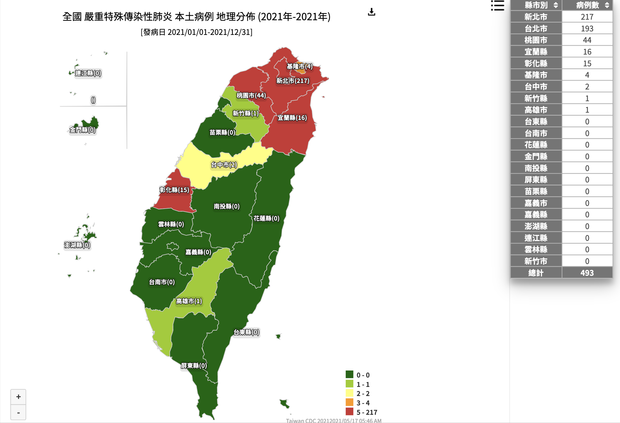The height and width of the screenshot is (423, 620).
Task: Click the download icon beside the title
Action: (371, 12)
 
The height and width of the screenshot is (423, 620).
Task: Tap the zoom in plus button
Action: (18, 397)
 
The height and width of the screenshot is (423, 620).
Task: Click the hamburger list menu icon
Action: (497, 6)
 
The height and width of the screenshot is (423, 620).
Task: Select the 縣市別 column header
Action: (536, 5)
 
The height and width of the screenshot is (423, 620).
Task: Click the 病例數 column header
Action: (587, 5)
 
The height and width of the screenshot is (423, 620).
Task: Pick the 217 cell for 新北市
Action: (587, 17)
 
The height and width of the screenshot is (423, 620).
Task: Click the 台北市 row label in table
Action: (536, 28)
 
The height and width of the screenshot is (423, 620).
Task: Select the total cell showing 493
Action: (587, 273)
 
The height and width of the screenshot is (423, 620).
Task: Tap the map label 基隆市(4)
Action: (299, 67)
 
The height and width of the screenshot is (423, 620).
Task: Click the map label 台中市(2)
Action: (224, 165)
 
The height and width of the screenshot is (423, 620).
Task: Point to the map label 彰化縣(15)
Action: (175, 190)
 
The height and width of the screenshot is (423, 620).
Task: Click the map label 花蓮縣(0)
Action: (266, 219)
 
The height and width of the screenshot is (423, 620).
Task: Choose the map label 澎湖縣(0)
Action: (77, 245)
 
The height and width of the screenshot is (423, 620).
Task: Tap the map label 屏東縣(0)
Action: (194, 366)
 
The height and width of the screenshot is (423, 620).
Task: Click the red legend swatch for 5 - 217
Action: (349, 412)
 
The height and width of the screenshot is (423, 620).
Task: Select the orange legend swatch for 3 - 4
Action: (349, 402)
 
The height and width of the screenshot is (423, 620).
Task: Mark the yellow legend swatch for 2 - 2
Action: (349, 393)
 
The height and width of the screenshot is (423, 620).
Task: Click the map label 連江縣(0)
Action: (88, 73)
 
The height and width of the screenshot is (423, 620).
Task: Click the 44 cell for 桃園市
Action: (587, 40)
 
